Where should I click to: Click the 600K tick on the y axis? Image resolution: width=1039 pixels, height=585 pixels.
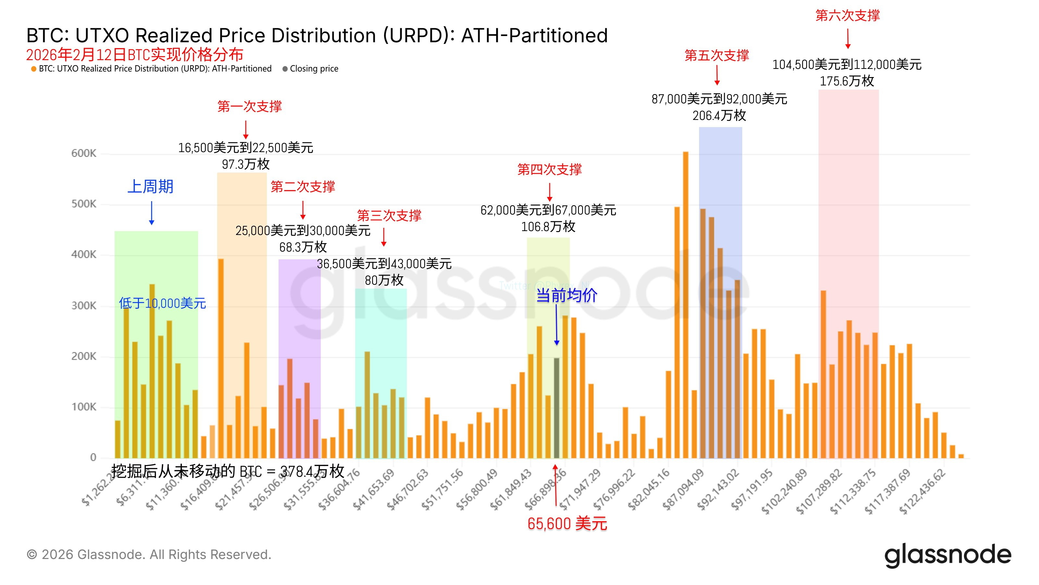[84, 153]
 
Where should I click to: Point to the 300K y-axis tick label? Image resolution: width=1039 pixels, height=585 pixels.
[84, 305]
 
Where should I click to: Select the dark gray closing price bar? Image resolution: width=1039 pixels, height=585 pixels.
[556, 408]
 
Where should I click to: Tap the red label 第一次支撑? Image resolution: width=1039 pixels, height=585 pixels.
[249, 106]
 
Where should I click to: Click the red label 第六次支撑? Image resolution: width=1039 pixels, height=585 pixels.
[847, 15]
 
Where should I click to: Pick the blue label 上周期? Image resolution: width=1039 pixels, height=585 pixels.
[150, 187]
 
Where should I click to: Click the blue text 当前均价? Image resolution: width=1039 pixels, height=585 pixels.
[566, 295]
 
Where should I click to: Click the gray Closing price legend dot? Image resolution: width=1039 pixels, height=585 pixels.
[285, 69]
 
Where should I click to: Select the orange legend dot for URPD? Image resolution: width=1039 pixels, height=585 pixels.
[33, 69]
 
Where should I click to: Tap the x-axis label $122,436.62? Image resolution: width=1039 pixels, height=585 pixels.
[923, 492]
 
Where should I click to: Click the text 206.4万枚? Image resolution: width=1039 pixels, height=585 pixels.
[719, 115]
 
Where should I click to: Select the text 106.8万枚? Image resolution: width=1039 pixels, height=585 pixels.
[548, 227]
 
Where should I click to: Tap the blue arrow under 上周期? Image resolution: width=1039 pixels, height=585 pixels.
[152, 213]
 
